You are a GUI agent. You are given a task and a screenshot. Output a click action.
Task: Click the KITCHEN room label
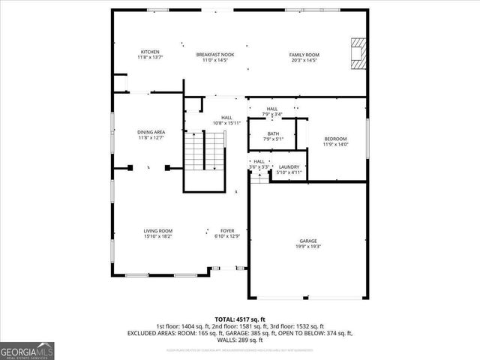pyautogui.click(x=149, y=52)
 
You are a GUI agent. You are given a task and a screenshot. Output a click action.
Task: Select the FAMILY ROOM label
pyautogui.click(x=304, y=55)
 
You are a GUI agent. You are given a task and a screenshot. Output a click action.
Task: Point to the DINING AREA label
pyautogui.click(x=151, y=132)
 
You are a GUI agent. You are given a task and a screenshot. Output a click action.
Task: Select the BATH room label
pyautogui.click(x=274, y=133)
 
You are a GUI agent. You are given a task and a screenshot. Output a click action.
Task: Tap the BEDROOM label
pyautogui.click(x=335, y=139)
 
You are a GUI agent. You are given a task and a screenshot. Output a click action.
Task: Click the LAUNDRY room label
pyautogui.click(x=289, y=167)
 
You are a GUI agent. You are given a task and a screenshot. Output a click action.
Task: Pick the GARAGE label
pyautogui.click(x=308, y=241)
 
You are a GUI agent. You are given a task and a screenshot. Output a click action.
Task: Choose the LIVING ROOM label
pyautogui.click(x=158, y=230)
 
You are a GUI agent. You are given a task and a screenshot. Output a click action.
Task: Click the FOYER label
pyautogui.click(x=227, y=230)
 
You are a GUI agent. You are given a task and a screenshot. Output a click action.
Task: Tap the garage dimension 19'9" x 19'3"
pyautogui.click(x=308, y=246)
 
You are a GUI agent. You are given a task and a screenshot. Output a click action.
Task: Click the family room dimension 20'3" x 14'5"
pyautogui.click(x=304, y=60)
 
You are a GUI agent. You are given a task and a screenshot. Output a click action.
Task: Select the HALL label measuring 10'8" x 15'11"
pyautogui.click(x=226, y=117)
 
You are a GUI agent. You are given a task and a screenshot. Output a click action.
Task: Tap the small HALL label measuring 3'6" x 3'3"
pyautogui.click(x=259, y=161)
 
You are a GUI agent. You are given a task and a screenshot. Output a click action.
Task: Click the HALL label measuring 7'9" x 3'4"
pyautogui.click(x=273, y=109)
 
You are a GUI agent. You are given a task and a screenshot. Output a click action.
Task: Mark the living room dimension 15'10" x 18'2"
pyautogui.click(x=158, y=235)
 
